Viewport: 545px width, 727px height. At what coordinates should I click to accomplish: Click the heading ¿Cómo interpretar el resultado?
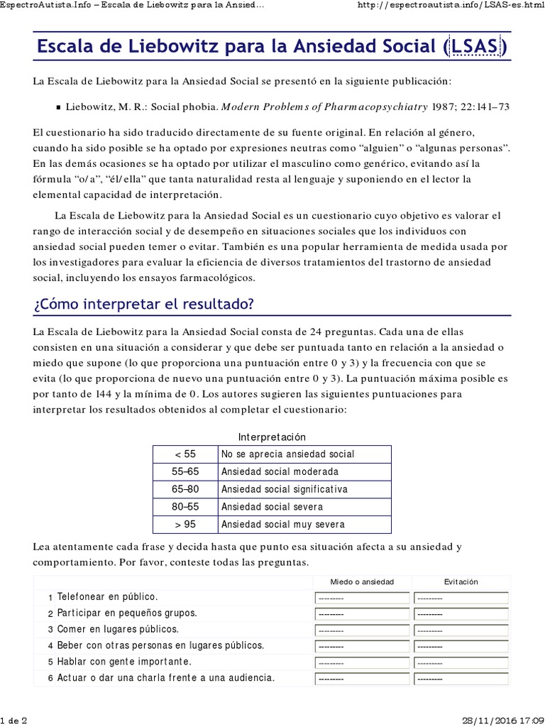tap(143, 304)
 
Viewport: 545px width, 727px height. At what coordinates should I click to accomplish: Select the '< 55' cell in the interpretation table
tap(185, 454)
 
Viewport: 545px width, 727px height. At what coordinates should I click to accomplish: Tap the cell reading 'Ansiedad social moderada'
tap(280, 471)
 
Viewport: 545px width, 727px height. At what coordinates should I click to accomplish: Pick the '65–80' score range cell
tap(185, 489)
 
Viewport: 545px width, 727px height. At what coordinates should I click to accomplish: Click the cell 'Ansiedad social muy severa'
tap(283, 525)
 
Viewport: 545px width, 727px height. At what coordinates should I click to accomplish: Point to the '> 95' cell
tap(185, 525)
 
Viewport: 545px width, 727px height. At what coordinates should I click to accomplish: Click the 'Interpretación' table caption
tap(272, 437)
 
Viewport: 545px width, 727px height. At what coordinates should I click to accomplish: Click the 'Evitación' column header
tap(461, 581)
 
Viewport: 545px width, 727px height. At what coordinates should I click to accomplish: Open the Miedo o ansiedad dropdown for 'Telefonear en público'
tap(362, 598)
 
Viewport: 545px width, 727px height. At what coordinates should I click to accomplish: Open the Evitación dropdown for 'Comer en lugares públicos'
tap(461, 630)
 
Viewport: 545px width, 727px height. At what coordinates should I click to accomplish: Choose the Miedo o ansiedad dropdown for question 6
tap(362, 679)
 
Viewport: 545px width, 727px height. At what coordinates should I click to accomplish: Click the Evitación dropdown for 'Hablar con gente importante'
tap(461, 662)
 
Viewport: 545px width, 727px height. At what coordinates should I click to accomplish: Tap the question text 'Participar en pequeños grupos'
tap(126, 613)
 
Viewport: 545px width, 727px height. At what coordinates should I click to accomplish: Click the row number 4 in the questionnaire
tap(50, 646)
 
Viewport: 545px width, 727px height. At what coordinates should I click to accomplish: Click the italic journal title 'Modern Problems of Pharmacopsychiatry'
tap(325, 107)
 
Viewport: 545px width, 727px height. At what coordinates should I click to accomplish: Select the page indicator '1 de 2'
tap(14, 720)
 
